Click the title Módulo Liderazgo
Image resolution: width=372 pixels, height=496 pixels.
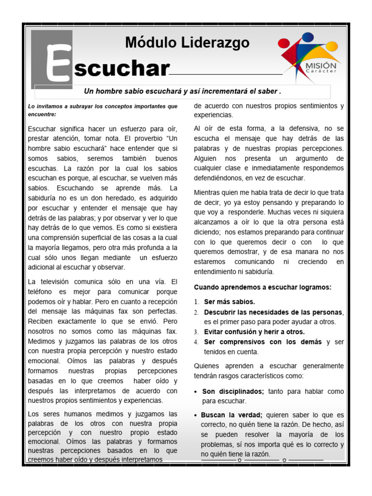(187, 43)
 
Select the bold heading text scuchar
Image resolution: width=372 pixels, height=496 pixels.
(121, 69)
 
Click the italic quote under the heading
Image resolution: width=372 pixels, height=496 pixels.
(183, 91)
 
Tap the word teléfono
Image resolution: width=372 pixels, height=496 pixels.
(42, 292)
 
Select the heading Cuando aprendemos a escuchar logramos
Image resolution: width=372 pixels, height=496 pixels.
(263, 287)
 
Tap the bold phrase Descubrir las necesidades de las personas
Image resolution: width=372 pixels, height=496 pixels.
(273, 311)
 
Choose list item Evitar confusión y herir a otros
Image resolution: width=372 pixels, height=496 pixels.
(254, 332)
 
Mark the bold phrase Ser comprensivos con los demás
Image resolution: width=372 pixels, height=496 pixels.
(263, 342)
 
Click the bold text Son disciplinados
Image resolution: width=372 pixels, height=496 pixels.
(232, 391)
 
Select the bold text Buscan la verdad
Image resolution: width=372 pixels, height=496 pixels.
(232, 415)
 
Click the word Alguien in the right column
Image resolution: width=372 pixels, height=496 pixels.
(206, 158)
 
